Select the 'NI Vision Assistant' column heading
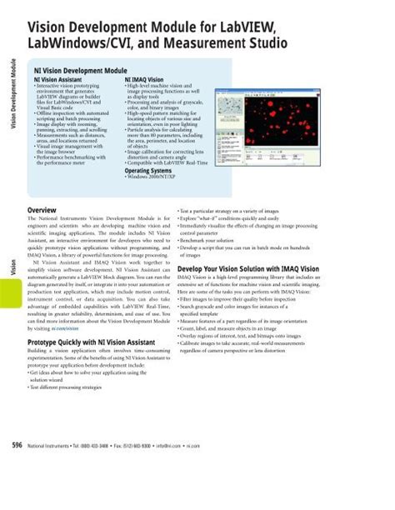coord(61,78)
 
